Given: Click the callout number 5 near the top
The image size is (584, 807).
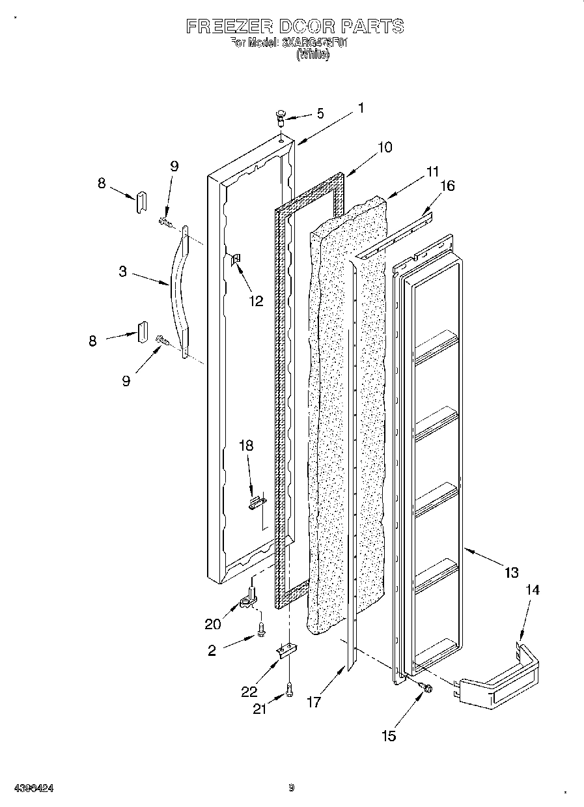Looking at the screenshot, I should pos(320,113).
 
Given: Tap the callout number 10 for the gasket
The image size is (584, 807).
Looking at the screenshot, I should pos(385,147).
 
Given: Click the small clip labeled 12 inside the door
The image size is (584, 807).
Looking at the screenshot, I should pos(236,260).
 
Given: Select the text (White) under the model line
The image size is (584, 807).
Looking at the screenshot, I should pos(313,55).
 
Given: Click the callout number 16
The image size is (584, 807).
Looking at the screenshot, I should pos(447,186).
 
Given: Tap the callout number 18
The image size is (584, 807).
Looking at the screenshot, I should pos(246,446).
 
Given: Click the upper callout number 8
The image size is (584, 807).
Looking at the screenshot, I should pos(101,184).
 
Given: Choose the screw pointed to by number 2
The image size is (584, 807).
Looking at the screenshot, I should pos(262,629).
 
